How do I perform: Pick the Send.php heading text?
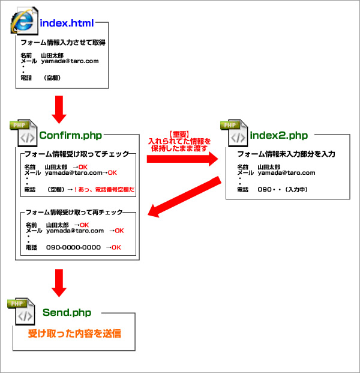67,312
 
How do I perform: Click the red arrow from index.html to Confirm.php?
58,106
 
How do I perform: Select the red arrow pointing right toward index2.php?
181,158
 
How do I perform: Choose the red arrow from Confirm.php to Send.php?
58,282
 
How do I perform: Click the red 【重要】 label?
179,135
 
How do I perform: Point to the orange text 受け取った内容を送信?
74,333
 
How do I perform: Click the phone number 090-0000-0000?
74,247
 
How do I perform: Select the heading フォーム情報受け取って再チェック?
74,212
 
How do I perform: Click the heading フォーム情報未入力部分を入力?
286,154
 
